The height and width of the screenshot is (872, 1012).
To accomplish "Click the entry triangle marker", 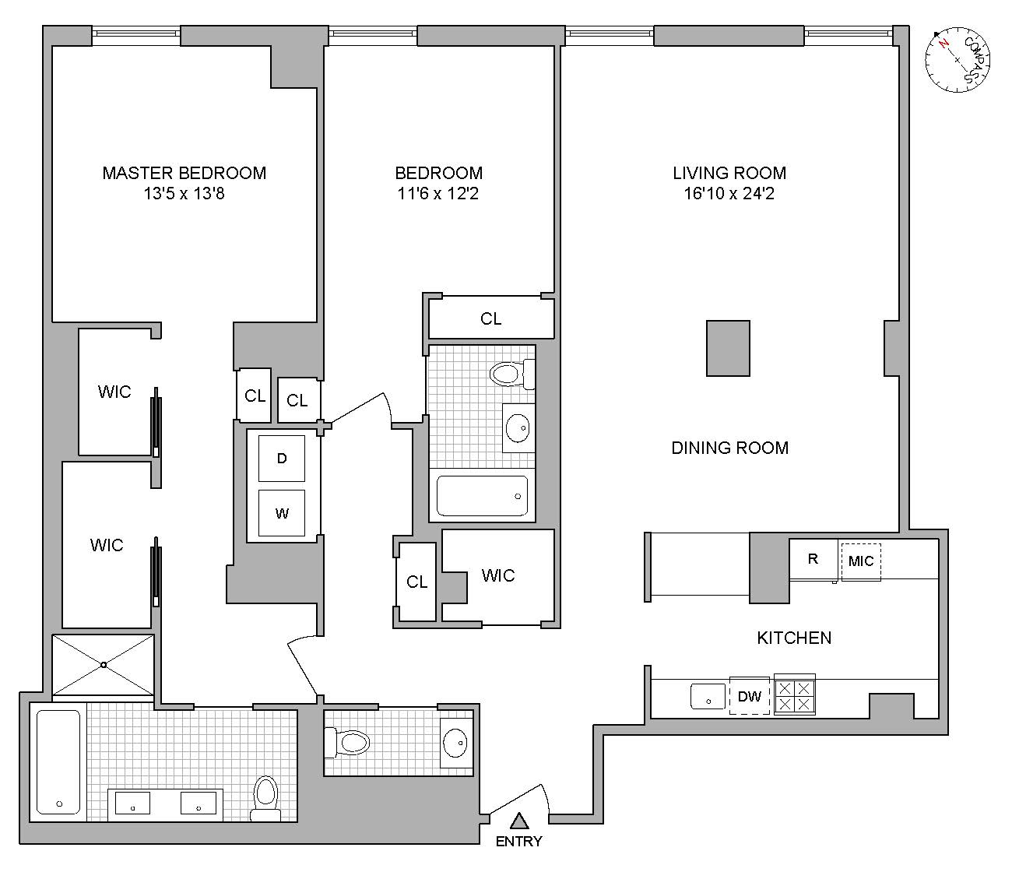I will (519, 821).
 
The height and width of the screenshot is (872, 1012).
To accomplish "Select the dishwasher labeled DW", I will (749, 696).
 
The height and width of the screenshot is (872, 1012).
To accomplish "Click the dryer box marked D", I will (282, 459).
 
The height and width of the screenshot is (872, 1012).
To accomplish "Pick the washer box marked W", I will (282, 513).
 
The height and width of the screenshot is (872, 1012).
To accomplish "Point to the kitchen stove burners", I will (794, 695).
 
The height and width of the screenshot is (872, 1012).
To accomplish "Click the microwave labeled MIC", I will (860, 561).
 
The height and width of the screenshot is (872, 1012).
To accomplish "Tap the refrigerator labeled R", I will (813, 559).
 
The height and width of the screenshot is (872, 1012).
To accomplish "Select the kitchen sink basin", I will (708, 696).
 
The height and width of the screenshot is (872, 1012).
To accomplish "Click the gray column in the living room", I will (728, 348).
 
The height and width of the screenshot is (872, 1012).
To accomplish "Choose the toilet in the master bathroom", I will (265, 798).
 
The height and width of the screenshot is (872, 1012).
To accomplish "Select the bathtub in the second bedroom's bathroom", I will (482, 496).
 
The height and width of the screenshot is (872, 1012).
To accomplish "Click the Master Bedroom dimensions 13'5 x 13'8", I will (184, 194).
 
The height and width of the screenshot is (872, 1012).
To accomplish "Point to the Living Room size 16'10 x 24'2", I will (729, 194).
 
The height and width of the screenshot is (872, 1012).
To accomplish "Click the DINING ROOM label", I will (729, 448).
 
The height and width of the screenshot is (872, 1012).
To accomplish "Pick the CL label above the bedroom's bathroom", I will (490, 318).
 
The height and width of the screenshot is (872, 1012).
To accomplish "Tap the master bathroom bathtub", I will (58, 761).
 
